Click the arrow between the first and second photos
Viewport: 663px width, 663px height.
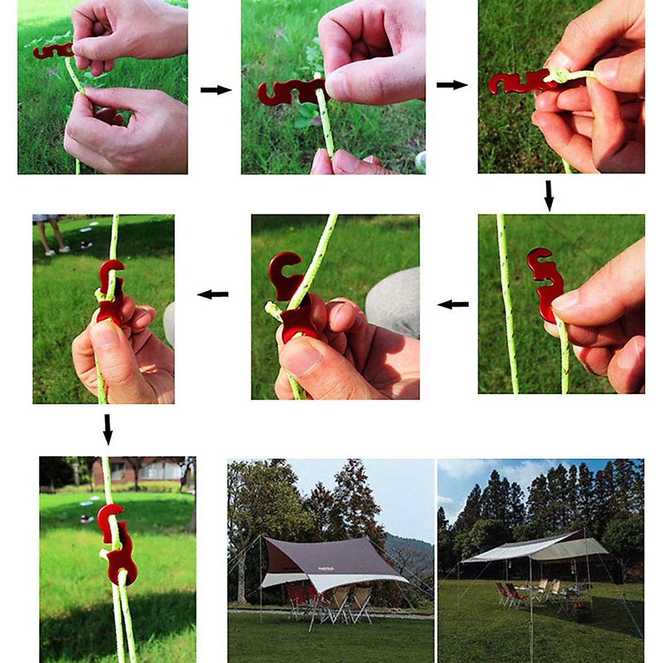coord(215,90)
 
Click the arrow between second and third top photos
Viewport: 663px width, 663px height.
coord(452,85)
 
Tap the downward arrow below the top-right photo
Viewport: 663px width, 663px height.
coord(549,195)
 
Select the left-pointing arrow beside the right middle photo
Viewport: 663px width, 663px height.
coord(453,304)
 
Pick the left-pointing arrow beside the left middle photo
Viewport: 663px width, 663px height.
coord(213,294)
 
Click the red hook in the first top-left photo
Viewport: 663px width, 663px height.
coord(52,51)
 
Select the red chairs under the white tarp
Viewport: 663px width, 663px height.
coord(508,594)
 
